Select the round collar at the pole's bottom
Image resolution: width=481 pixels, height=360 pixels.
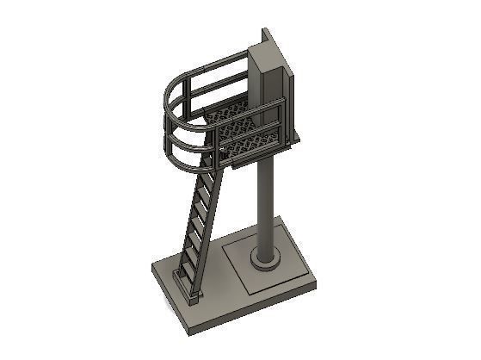point(264,259)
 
